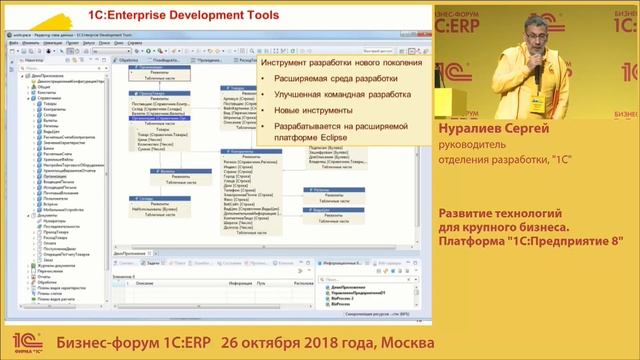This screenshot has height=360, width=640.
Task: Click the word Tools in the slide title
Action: pyautogui.click(x=247, y=15)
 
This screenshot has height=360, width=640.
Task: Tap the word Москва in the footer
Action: pyautogui.click(x=403, y=343)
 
